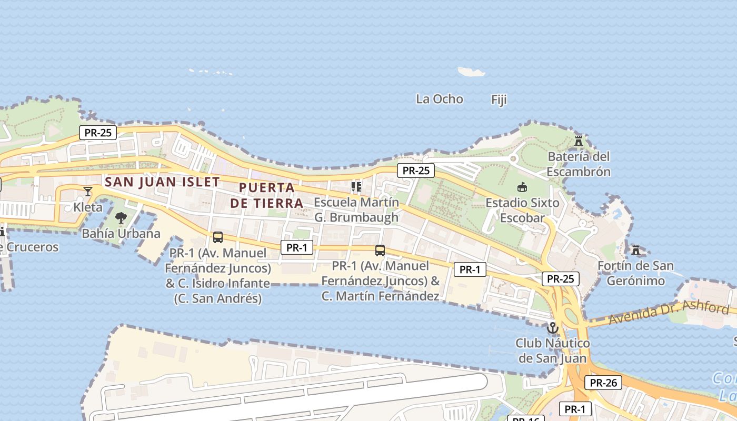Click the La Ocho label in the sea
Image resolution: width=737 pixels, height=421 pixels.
(x=439, y=99)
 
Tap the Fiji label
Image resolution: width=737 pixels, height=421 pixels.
(x=499, y=99)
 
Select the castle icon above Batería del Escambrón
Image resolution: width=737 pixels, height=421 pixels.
(x=579, y=141)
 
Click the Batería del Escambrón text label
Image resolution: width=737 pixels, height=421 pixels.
(x=579, y=164)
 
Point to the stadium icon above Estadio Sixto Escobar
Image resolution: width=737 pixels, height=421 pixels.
(x=522, y=187)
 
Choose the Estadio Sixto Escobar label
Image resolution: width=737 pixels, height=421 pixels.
(x=522, y=210)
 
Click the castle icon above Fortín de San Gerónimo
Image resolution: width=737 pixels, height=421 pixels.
(x=636, y=249)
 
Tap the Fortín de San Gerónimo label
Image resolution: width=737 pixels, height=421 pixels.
(x=635, y=273)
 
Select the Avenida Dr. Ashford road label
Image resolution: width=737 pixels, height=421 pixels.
(x=669, y=313)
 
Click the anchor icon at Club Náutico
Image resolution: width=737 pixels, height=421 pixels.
(x=552, y=328)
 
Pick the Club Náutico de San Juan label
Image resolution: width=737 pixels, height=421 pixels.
(x=552, y=351)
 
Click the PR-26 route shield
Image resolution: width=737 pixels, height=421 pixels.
(x=603, y=383)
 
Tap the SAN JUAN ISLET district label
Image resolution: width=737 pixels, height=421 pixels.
(x=162, y=182)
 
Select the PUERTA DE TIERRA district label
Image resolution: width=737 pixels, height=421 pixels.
(x=266, y=195)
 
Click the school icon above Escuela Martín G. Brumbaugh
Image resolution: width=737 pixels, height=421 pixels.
(x=356, y=187)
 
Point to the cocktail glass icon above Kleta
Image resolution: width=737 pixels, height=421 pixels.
(x=88, y=191)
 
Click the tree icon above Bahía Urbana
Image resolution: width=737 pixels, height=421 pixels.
(x=121, y=218)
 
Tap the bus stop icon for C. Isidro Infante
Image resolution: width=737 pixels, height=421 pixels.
(x=218, y=237)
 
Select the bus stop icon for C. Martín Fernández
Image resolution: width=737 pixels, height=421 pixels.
(x=380, y=250)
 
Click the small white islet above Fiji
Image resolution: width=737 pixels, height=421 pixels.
(x=471, y=71)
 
